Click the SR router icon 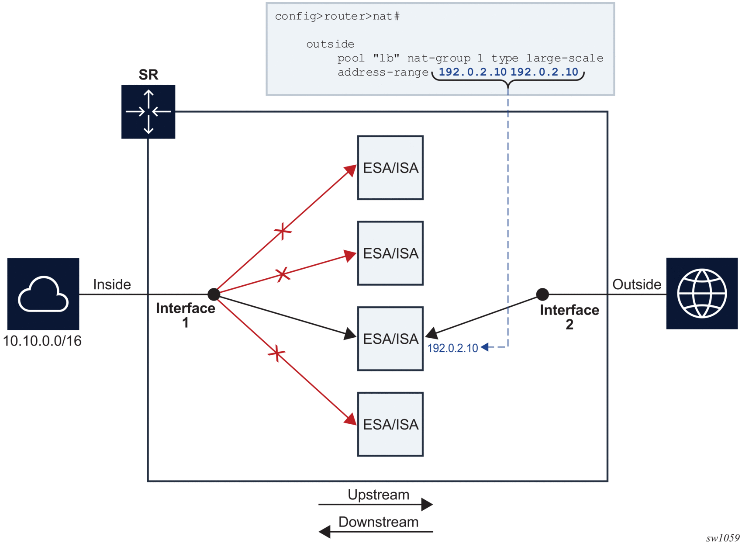[x=148, y=112]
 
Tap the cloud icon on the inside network [x=43, y=294]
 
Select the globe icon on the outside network [x=701, y=293]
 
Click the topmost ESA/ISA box [x=390, y=168]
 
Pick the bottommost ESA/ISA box [x=390, y=424]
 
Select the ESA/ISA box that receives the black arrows [x=390, y=339]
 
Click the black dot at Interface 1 [x=214, y=294]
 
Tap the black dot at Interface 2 [x=542, y=294]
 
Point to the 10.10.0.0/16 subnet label [x=42, y=341]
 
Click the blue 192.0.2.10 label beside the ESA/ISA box [x=452, y=348]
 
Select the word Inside [x=112, y=284]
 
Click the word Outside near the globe [x=636, y=284]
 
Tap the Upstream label [x=378, y=495]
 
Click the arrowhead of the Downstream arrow [x=324, y=532]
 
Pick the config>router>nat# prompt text [x=337, y=17]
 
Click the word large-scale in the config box [x=564, y=58]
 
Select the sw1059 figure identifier [x=722, y=538]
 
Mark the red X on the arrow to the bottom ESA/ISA [x=277, y=353]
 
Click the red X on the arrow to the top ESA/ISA [x=283, y=231]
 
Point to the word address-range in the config [x=383, y=73]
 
